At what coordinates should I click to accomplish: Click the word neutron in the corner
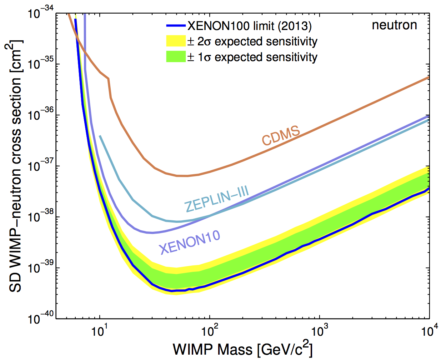coord(394,25)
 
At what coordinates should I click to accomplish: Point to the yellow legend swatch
coord(176,41)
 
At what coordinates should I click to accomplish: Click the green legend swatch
coord(176,57)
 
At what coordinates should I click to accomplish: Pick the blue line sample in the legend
coord(176,26)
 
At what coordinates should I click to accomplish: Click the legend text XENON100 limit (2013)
coord(249,26)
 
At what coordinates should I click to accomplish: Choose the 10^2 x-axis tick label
coord(210,331)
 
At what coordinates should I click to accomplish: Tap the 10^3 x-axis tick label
coord(320,331)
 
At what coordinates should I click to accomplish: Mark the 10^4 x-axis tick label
coord(429,331)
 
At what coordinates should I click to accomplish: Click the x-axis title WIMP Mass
coord(243,349)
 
